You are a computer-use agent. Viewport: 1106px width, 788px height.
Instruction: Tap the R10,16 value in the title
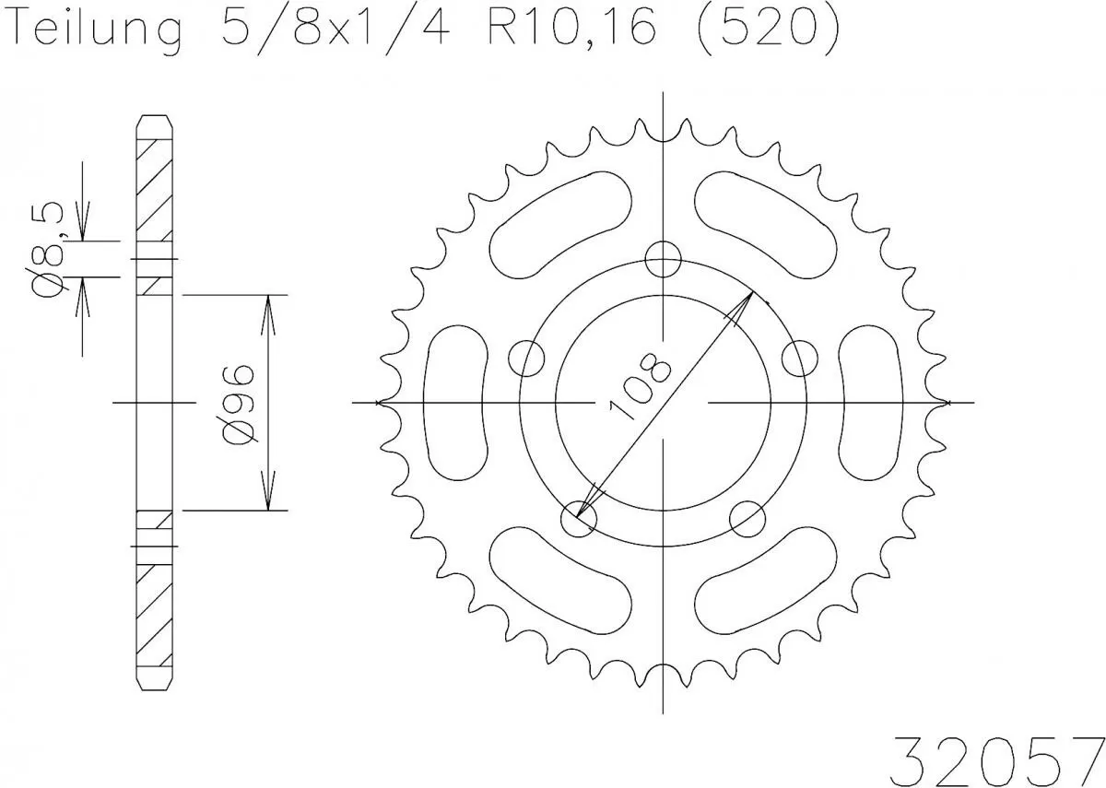[571, 29]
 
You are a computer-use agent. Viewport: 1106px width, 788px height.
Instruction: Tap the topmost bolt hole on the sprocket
[663, 259]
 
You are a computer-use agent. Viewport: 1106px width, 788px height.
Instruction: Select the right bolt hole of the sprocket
[799, 358]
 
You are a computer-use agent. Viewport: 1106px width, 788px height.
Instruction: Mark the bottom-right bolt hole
[747, 519]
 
